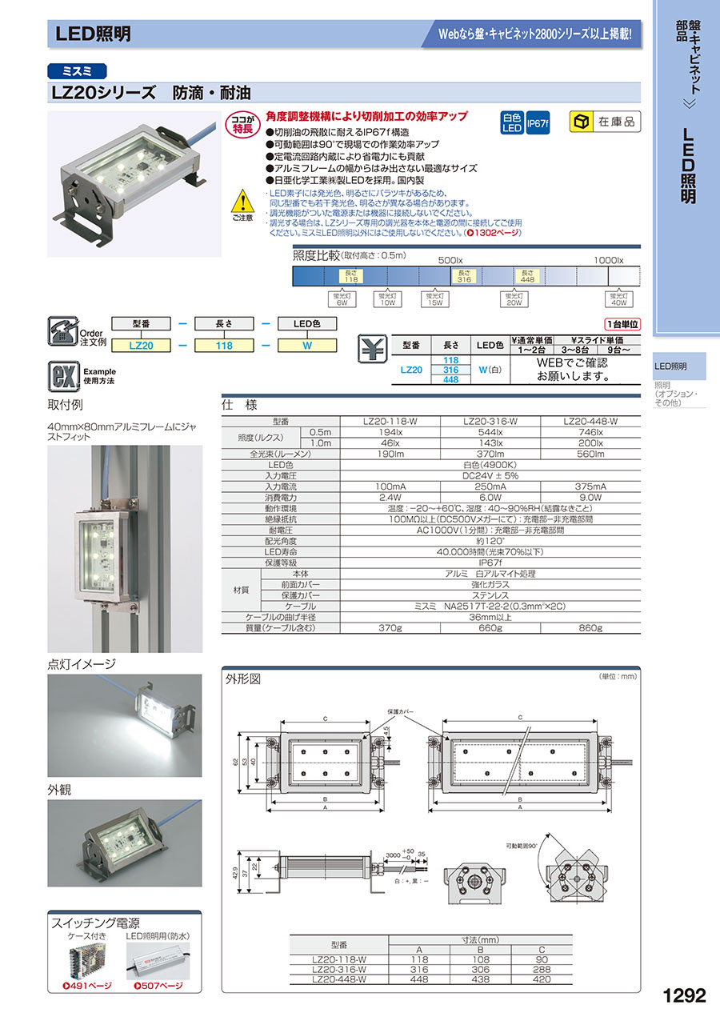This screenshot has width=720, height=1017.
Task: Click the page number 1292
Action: tap(684, 995)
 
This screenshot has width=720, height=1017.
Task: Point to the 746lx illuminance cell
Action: tap(591, 431)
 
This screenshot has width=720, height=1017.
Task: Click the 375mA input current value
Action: tap(591, 486)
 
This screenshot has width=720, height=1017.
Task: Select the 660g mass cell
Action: tap(490, 628)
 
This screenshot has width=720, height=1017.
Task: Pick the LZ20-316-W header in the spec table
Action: tap(490, 421)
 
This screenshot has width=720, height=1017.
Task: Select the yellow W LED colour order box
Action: tap(306, 346)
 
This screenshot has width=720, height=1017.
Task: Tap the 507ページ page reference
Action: tap(162, 986)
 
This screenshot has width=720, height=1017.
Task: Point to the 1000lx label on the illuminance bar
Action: tap(609, 260)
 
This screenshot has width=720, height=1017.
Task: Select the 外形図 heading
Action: tap(244, 680)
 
